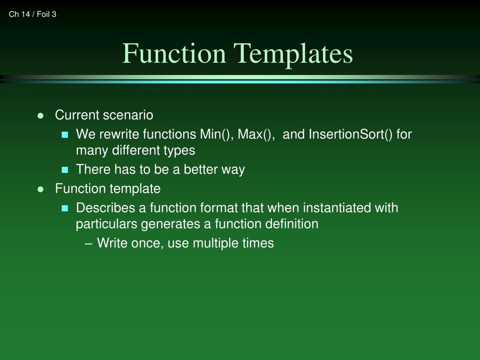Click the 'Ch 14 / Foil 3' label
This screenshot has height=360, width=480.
(x=32, y=15)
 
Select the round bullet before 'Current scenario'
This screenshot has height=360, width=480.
(x=40, y=115)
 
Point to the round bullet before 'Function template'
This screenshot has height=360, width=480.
(x=40, y=189)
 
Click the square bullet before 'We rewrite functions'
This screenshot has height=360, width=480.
(x=65, y=135)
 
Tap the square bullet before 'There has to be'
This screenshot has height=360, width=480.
(x=65, y=170)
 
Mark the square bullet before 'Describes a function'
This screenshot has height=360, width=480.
(x=65, y=208)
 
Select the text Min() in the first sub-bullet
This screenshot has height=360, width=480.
(x=217, y=135)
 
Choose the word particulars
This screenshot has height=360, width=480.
(x=107, y=224)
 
